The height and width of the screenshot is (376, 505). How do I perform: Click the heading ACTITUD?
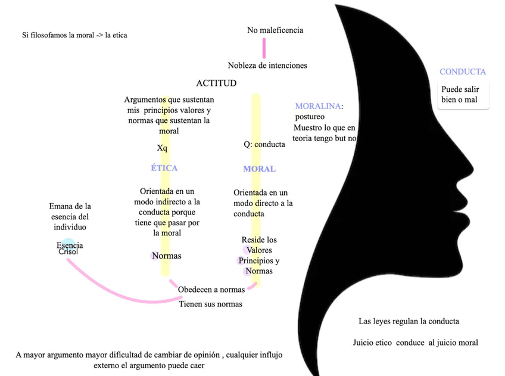tap(216, 83)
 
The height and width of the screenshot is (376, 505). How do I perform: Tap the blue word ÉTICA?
tap(164, 168)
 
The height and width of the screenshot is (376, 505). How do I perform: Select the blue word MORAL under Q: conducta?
tap(259, 169)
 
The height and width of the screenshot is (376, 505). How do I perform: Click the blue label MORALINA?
tap(318, 106)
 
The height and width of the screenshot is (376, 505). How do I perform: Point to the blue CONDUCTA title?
tap(463, 72)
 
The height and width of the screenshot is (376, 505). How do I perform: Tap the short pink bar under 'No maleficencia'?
tap(264, 48)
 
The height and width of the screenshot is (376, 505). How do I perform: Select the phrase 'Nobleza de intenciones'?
tap(267, 65)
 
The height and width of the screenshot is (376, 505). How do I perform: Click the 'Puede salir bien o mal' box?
tap(463, 94)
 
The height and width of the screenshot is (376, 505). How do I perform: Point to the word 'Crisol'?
tap(68, 252)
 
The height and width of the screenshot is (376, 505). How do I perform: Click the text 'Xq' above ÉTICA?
tap(163, 147)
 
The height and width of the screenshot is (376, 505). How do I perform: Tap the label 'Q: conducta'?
tap(264, 144)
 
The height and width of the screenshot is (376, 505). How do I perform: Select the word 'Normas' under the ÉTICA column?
tap(166, 256)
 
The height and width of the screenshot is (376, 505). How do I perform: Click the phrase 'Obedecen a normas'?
tap(211, 290)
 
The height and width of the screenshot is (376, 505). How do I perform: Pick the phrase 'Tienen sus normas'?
tap(211, 304)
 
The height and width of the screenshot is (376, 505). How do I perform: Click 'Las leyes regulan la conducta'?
tap(409, 321)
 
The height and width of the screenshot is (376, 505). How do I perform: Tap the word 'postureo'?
tap(310, 117)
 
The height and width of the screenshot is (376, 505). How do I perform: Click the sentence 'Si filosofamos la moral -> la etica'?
tap(74, 35)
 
